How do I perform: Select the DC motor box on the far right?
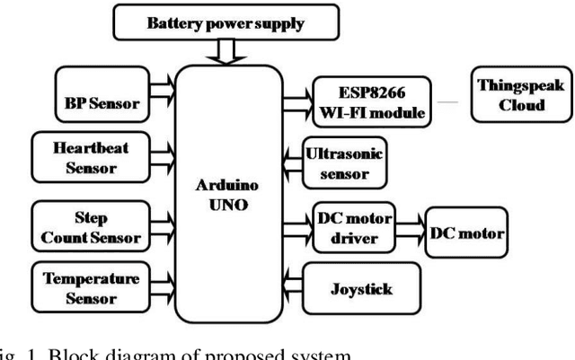[x=466, y=233]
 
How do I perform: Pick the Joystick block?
[x=362, y=290]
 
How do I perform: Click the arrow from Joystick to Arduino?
[x=293, y=290]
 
